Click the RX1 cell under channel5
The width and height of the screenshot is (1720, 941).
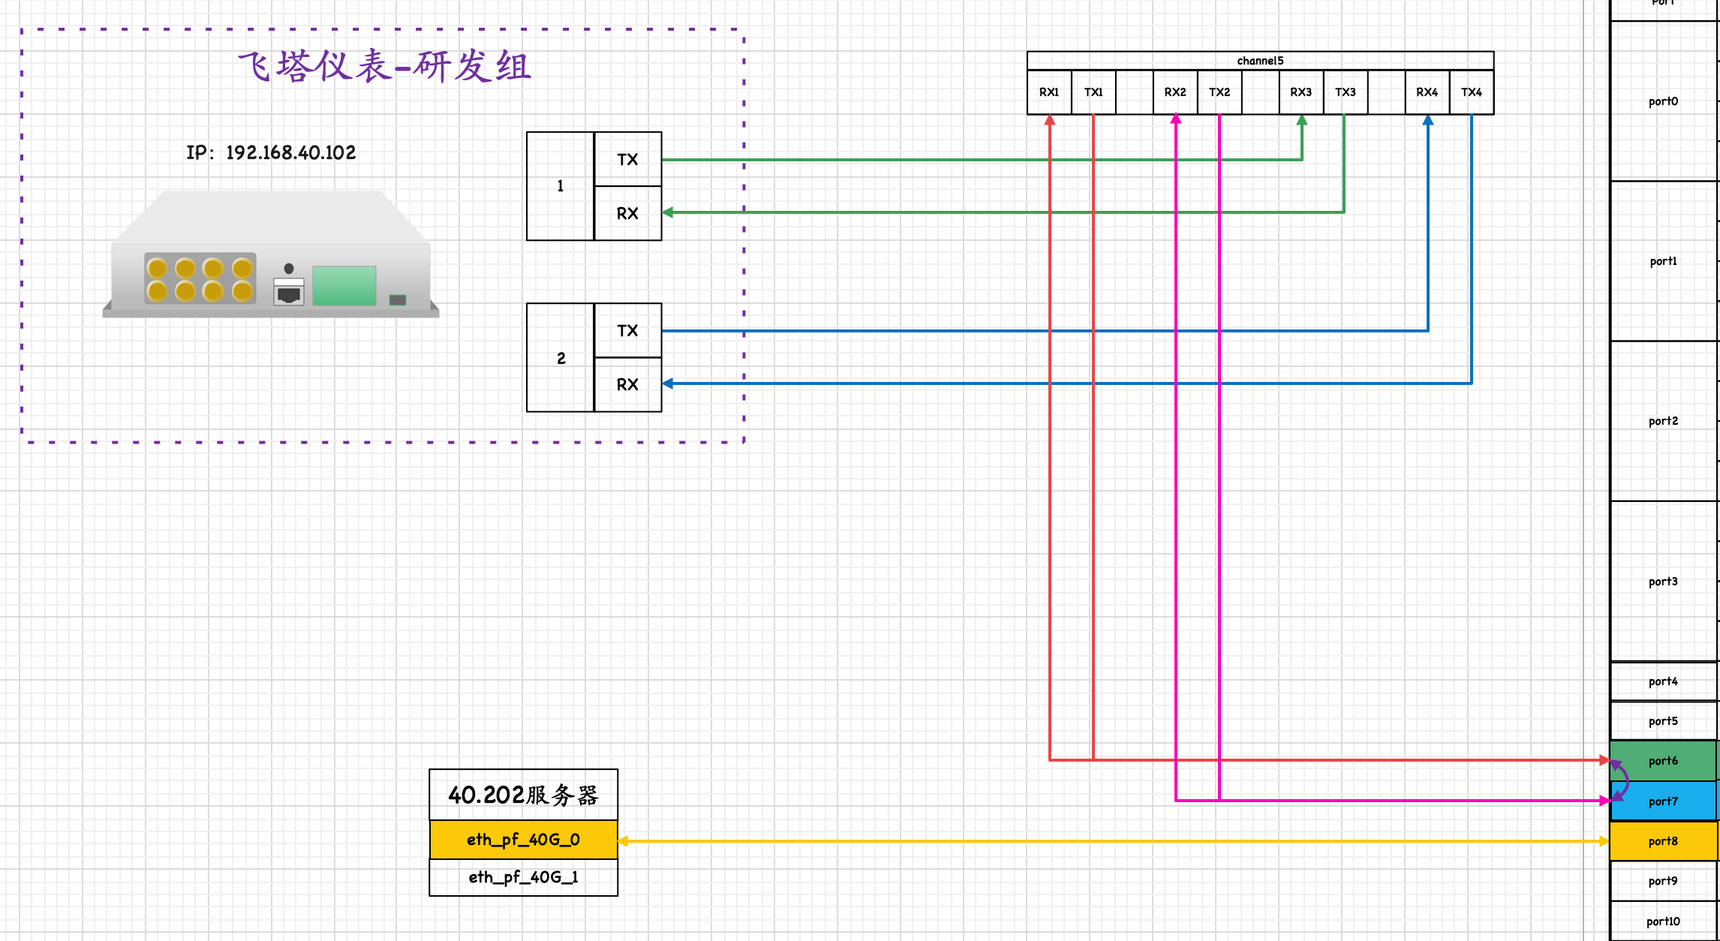(1049, 92)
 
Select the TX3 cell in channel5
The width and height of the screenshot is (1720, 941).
(1345, 92)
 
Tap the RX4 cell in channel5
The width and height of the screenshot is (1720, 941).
(1427, 92)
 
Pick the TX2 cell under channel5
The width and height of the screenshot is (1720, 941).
(1219, 92)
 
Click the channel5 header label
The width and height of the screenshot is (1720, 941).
(1260, 61)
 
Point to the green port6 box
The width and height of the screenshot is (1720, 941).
(1663, 761)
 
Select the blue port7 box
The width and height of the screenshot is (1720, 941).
(1663, 801)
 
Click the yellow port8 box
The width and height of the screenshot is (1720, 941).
(1663, 841)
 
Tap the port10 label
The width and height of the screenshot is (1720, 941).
(1663, 921)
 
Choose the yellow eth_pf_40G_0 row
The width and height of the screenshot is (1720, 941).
(523, 840)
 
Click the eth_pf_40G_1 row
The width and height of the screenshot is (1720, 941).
(523, 877)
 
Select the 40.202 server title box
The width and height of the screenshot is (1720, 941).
(523, 795)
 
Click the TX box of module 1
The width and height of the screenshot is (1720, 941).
(627, 159)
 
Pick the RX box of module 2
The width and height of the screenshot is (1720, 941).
(627, 385)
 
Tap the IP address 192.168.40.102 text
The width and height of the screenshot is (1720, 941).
(271, 153)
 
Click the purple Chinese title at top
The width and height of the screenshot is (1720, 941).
(384, 67)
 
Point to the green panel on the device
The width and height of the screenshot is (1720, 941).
(344, 286)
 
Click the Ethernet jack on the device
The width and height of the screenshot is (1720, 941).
(289, 293)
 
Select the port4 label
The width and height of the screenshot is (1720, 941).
(1663, 681)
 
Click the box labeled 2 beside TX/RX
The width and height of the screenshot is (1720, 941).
(561, 358)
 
